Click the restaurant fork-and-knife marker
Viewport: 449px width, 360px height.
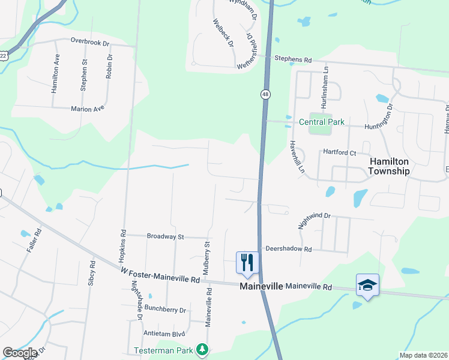point(247,262)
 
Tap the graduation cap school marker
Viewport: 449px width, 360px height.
point(367,284)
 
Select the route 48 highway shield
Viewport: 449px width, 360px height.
point(265,94)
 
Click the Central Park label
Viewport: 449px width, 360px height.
point(322,122)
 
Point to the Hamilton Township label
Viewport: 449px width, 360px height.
point(389,166)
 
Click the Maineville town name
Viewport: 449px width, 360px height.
point(261,287)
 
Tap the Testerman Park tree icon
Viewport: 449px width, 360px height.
point(203,349)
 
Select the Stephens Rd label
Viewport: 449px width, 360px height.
point(294,60)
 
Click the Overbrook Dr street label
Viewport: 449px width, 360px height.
point(89,42)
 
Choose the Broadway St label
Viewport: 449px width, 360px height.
point(165,236)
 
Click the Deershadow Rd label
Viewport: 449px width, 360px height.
point(289,248)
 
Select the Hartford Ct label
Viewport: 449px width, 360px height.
point(340,153)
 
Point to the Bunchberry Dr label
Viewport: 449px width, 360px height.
point(165,310)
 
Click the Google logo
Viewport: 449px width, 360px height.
point(19,353)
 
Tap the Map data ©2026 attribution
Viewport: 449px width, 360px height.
point(423,355)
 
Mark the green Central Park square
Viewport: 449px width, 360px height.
point(319,122)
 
